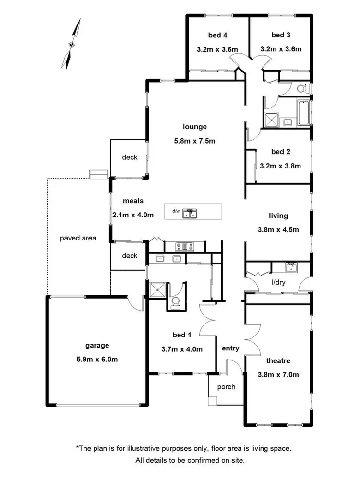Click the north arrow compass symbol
71,44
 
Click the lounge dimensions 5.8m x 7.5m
194,141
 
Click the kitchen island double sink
191,213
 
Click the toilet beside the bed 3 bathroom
302,88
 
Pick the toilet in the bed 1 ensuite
176,301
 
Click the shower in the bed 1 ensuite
156,290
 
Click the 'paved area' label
78,238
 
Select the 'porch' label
226,386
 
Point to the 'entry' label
230,348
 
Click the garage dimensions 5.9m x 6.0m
97,359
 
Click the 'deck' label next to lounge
130,157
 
